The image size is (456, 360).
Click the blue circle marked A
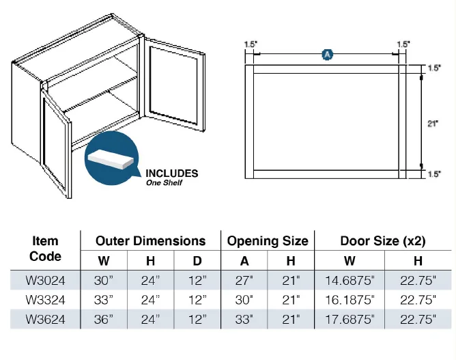[x=328, y=55]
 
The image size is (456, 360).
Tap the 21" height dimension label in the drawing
[x=433, y=124]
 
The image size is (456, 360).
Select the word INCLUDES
[x=172, y=174]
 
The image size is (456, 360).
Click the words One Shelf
[x=164, y=183]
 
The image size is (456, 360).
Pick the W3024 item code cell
[x=45, y=281]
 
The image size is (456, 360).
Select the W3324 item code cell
[x=45, y=300]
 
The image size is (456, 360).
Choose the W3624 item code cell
[x=45, y=320]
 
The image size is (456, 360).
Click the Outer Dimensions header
[x=151, y=241]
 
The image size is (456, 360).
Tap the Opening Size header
[x=268, y=241]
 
